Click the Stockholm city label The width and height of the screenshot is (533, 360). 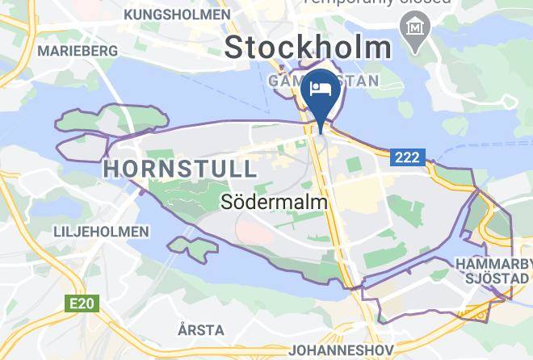[x=308, y=46]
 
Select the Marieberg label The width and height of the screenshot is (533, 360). [x=78, y=50]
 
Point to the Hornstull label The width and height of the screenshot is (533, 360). [x=180, y=169]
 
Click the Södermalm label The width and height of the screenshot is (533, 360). [x=274, y=203]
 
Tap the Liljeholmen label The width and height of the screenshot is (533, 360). [x=101, y=232]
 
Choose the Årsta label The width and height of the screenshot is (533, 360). [x=201, y=329]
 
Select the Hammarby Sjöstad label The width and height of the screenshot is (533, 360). [x=492, y=271]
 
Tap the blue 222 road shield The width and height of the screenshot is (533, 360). [x=407, y=157]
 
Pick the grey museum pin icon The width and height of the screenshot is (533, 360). [x=418, y=27]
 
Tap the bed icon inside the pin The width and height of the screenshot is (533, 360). [x=322, y=87]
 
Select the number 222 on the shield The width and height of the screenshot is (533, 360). [x=407, y=157]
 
